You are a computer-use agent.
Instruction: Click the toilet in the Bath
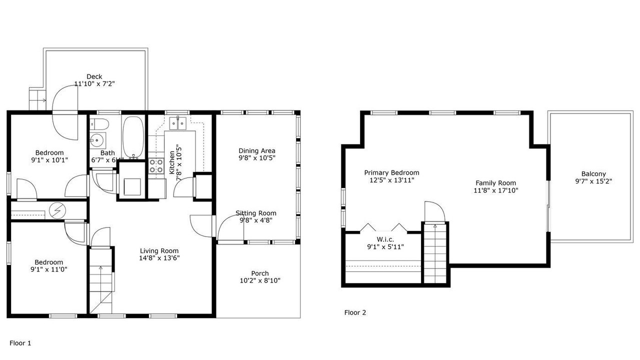coord(99,124)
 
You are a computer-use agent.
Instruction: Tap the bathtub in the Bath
coord(133,137)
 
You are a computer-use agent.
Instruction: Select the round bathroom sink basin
coord(97,140)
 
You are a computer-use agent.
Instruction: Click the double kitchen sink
coord(177,123)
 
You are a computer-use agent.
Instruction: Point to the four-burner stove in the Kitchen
coord(156,166)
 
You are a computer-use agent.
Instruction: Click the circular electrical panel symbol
coord(57,210)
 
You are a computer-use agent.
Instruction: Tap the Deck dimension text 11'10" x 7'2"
coord(94,83)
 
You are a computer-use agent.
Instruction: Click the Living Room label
coord(159,251)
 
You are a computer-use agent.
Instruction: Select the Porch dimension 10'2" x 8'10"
coord(260,280)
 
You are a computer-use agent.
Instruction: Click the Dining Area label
coord(257,150)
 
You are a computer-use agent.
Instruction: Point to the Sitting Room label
coord(255,213)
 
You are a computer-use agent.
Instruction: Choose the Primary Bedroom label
coord(391,172)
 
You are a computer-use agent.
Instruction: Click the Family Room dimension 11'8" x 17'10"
coord(496,190)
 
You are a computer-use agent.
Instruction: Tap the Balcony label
coord(593,173)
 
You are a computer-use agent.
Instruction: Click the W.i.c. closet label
coord(385,239)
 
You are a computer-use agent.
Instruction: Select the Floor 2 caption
coord(355,312)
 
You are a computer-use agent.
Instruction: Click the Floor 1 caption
coord(20,343)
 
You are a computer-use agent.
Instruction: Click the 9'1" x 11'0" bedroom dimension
coord(49,269)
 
